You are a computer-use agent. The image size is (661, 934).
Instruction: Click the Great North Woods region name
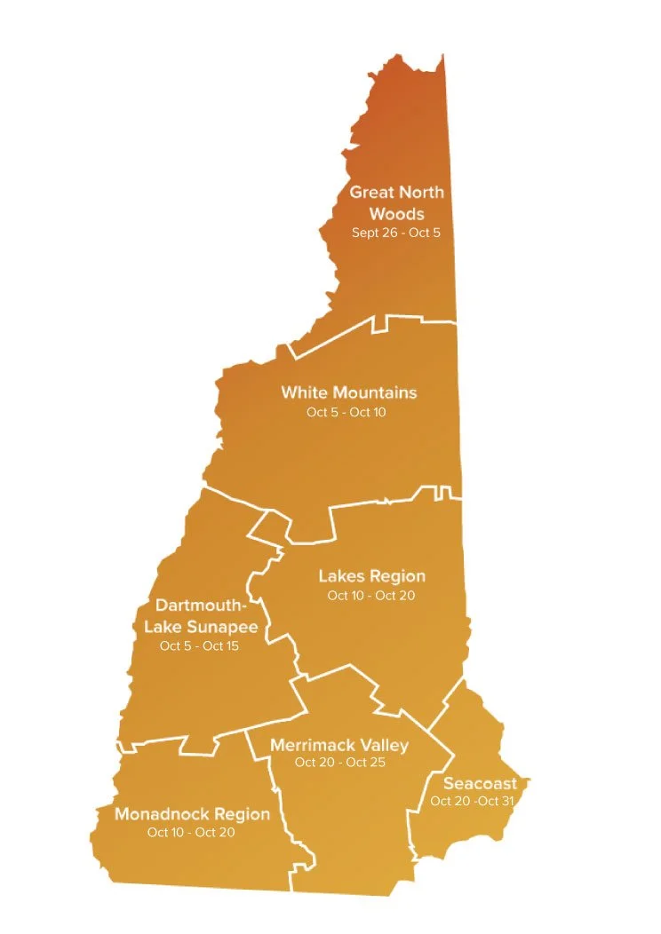click(x=396, y=202)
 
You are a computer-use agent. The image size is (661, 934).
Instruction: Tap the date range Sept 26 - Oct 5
click(x=396, y=233)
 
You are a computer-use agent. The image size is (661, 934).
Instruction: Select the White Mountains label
click(x=348, y=392)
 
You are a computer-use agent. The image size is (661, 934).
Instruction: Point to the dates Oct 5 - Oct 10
click(x=346, y=412)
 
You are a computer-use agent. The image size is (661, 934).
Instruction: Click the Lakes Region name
click(x=371, y=576)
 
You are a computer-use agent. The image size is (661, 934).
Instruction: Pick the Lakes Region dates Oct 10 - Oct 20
click(x=370, y=595)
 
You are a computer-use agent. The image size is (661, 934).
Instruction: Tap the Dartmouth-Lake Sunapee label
click(x=207, y=616)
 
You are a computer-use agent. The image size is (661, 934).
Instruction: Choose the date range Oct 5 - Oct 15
click(x=199, y=645)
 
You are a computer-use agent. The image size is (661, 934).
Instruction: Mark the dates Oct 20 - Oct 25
click(x=338, y=762)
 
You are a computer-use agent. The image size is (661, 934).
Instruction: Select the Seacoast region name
click(x=480, y=783)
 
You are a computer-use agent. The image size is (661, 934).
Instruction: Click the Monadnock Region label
click(x=192, y=814)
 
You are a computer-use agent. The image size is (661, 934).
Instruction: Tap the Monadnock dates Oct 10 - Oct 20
click(x=192, y=832)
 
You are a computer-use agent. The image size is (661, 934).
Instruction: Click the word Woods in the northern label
click(x=396, y=214)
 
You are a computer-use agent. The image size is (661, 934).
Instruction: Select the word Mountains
click(x=373, y=392)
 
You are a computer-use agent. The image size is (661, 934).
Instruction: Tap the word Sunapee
click(x=226, y=628)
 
